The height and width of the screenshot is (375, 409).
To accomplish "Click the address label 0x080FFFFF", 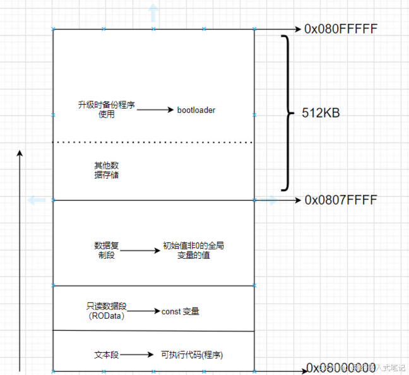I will click(x=340, y=29).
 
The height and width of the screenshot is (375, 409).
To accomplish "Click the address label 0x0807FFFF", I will click(x=340, y=200).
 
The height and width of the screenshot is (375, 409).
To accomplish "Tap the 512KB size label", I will click(x=321, y=114).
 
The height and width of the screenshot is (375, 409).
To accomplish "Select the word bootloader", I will click(x=196, y=110).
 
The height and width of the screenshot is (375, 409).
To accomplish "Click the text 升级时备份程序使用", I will click(x=106, y=110).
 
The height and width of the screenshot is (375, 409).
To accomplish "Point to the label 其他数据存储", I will click(x=105, y=170).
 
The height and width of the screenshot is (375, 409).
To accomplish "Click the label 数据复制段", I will click(x=107, y=250).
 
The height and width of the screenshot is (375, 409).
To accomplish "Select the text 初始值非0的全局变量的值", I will click(x=193, y=250).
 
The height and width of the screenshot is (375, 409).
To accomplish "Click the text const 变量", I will click(x=181, y=311).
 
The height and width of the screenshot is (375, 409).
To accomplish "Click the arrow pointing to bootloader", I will click(x=155, y=110).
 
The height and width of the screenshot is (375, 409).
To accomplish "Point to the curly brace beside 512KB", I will click(x=287, y=114).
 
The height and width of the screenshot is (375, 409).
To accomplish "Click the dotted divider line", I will click(x=153, y=143).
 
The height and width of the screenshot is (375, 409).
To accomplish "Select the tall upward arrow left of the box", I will click(x=20, y=259).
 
